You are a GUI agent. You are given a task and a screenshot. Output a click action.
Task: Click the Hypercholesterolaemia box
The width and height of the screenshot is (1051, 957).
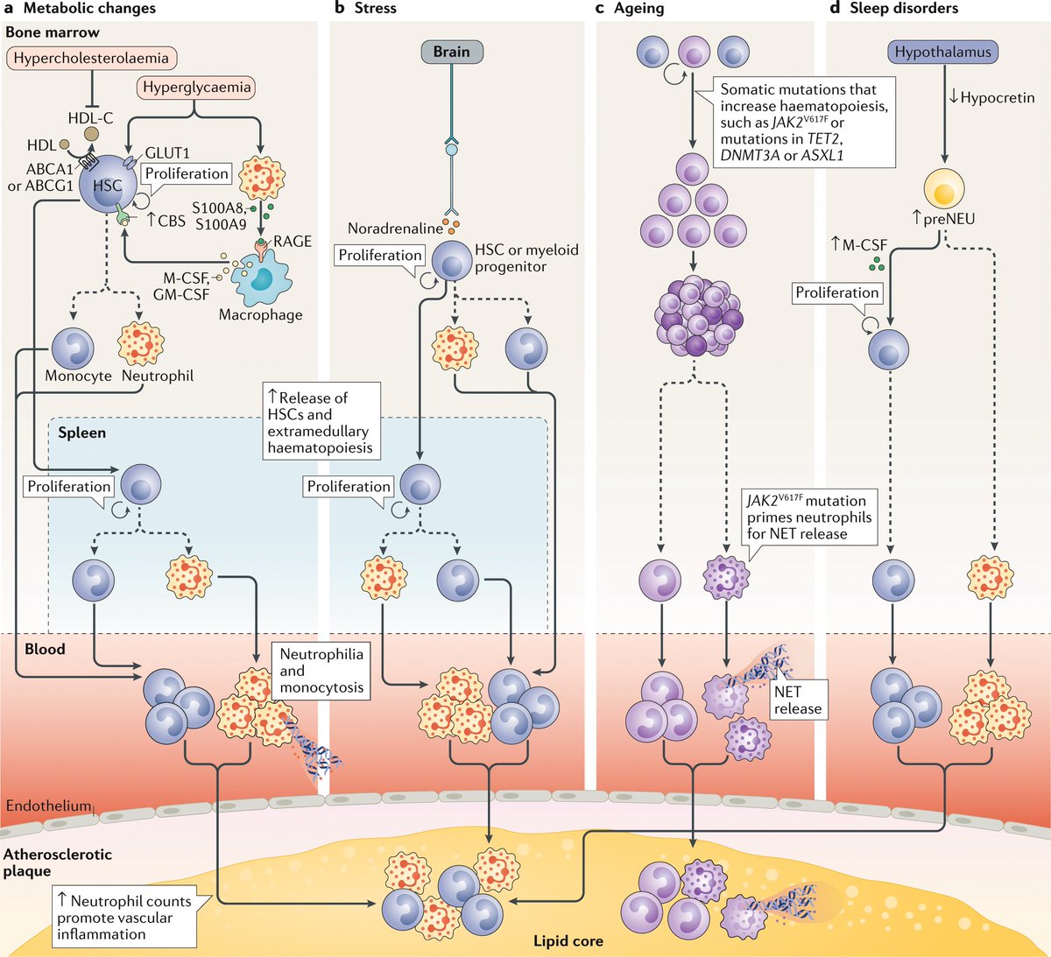point(91,59)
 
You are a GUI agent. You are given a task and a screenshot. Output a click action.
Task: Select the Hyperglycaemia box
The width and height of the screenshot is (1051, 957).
point(197,87)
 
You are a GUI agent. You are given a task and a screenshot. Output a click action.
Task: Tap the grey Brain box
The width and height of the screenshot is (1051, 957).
point(451,52)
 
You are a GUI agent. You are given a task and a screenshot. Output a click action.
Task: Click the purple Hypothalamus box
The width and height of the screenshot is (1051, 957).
point(942,52)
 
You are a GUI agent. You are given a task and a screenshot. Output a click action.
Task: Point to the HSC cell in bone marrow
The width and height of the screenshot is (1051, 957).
point(107,185)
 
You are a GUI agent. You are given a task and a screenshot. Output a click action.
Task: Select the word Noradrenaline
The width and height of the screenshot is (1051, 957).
point(395,229)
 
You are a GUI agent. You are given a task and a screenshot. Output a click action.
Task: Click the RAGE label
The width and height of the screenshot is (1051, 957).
point(292,241)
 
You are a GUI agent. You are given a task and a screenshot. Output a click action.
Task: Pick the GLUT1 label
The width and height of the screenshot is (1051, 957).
point(167,153)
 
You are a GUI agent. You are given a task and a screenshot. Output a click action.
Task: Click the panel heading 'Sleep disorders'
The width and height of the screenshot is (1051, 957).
point(904,9)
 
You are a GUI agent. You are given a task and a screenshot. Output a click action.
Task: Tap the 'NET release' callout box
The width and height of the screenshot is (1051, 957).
point(797,700)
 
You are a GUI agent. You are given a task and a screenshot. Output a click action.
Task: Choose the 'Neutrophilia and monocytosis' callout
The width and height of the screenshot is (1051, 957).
point(321,671)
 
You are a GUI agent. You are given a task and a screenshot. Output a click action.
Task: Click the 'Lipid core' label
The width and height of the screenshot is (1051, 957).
point(568,941)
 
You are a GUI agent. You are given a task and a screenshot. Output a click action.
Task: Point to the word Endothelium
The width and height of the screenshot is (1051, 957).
point(48,806)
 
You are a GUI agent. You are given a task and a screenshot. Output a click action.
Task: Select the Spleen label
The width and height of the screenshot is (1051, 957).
point(81,433)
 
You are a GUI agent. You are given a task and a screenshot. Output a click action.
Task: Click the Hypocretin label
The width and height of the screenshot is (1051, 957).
point(997,97)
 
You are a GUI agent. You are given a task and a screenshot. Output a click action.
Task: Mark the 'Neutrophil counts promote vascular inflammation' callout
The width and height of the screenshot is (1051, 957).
point(123,918)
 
